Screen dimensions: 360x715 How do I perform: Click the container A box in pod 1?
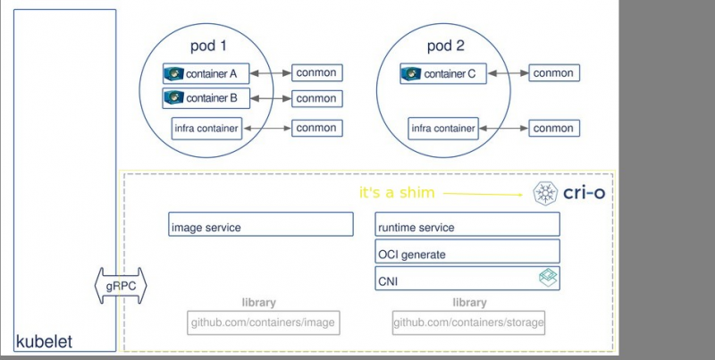pyautogui.click(x=205, y=73)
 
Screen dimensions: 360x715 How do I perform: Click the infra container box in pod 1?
pyautogui.click(x=206, y=129)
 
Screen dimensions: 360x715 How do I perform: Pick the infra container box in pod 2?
pyautogui.click(x=442, y=129)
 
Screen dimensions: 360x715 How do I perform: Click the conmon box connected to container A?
pyautogui.click(x=316, y=73)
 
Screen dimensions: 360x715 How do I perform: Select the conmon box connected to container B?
pyautogui.click(x=316, y=98)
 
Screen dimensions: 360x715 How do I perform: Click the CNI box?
pyautogui.click(x=467, y=279)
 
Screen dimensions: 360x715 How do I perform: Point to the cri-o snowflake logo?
pyautogui.click(x=544, y=193)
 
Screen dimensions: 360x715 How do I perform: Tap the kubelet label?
pyautogui.click(x=44, y=342)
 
